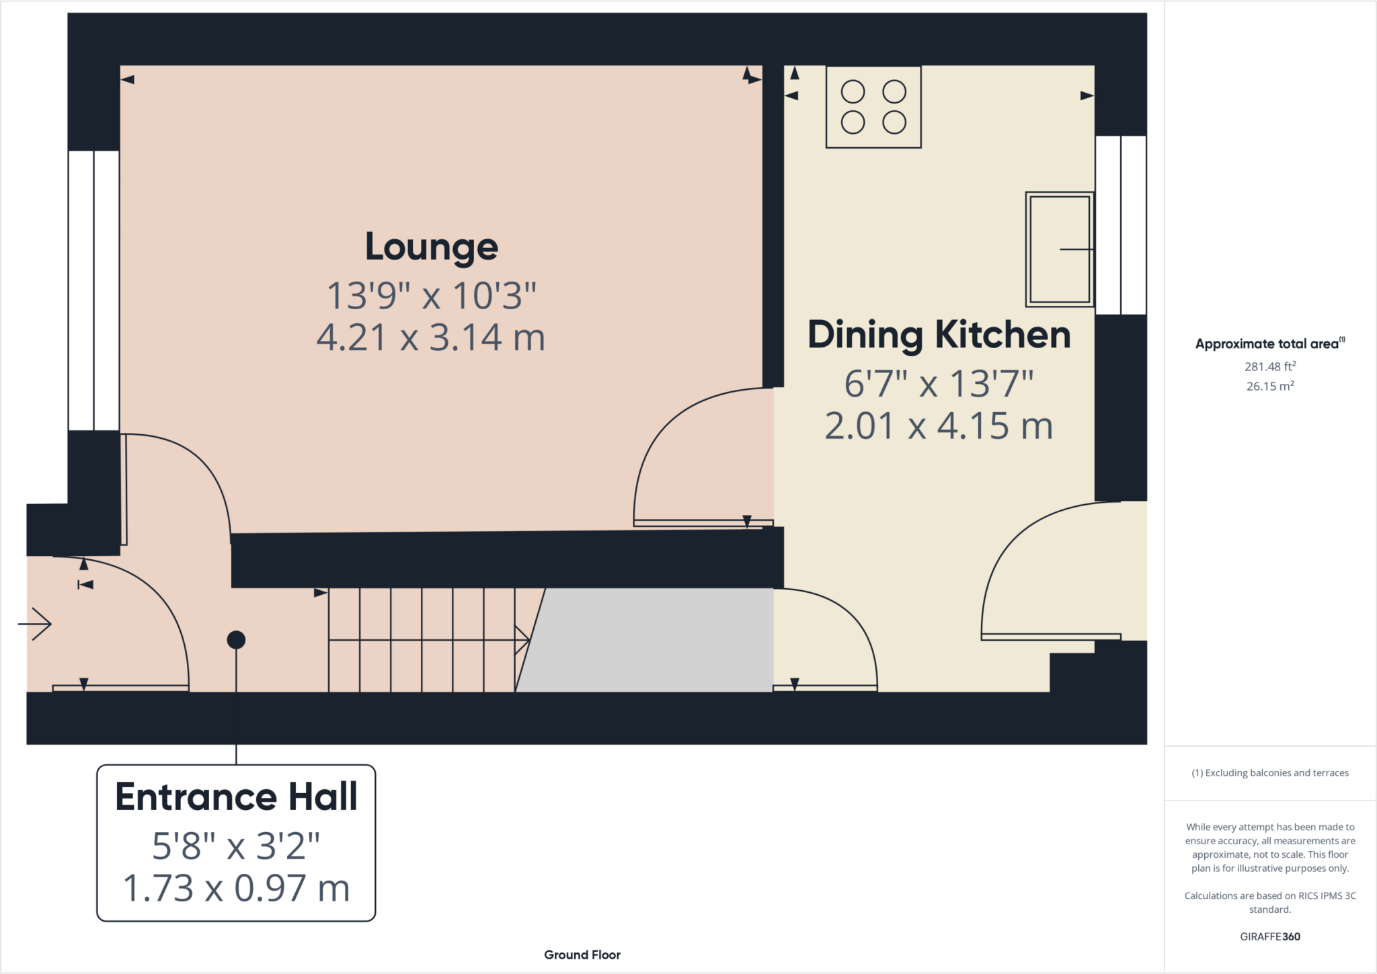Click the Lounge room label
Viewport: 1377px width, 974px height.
[x=432, y=247]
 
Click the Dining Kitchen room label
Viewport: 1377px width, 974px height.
[x=939, y=335]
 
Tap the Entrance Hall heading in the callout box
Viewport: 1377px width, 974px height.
[x=236, y=797]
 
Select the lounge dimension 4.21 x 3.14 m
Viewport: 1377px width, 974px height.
[x=431, y=337]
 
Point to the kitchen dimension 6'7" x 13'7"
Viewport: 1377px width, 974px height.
[x=939, y=384]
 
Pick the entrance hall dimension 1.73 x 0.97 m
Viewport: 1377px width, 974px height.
[x=236, y=888]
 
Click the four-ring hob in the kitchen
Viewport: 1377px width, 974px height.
[x=873, y=107]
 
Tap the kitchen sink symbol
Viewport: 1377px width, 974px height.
[x=1060, y=249]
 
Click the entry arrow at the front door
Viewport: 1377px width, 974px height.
[x=35, y=624]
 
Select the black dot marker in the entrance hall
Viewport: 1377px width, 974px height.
[x=236, y=640]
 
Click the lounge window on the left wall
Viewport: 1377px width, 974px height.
[x=94, y=290]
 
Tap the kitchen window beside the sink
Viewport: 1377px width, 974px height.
[x=1121, y=225]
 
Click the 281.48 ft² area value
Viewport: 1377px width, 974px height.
[x=1270, y=366]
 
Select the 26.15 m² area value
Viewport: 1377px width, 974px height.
[x=1270, y=386]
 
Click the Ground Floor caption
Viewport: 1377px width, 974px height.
[x=582, y=955]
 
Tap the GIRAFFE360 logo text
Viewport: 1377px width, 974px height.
[x=1270, y=936]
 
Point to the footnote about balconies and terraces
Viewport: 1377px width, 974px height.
[x=1270, y=773]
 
